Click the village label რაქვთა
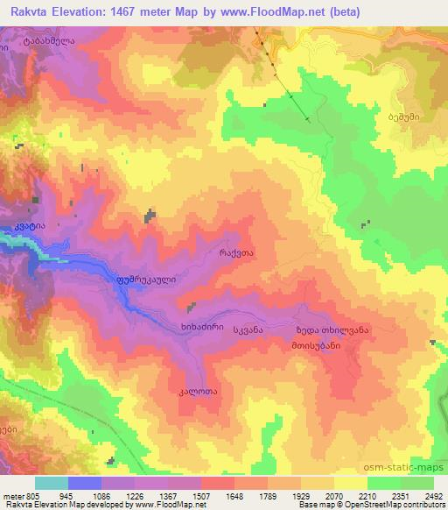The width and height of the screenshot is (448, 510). [236, 251]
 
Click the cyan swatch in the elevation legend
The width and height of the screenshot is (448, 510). [51, 483]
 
